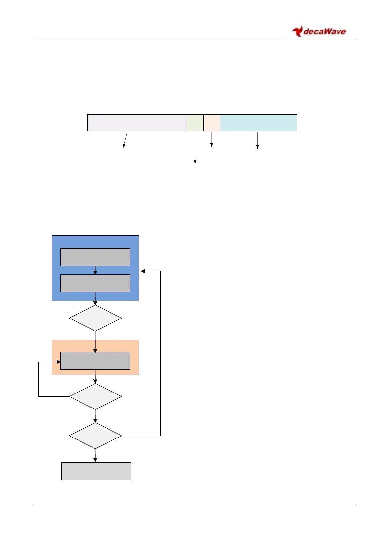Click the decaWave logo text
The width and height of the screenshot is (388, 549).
point(324,32)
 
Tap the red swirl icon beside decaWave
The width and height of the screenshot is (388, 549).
point(297,32)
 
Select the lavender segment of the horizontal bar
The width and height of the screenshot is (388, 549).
point(137,123)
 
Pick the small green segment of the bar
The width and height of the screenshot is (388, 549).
point(195,123)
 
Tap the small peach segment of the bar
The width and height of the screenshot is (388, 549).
point(212,123)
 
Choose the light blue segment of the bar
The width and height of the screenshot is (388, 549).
point(259,123)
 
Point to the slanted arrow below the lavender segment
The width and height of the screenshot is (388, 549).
point(125,140)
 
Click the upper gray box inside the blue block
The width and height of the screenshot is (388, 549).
point(95,257)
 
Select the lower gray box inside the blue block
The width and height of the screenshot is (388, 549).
point(95,283)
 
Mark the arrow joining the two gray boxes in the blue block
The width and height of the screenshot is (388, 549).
point(95,270)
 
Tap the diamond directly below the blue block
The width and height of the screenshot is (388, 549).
point(95,318)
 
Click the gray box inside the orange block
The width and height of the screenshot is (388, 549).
point(95,361)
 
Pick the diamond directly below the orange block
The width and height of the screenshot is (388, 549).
point(95,396)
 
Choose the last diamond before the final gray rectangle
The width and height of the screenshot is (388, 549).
point(95,436)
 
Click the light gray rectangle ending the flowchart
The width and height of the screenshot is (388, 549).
point(96,471)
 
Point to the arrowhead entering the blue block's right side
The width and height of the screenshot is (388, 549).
point(143,271)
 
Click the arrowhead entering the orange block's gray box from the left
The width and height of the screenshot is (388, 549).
point(59,362)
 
